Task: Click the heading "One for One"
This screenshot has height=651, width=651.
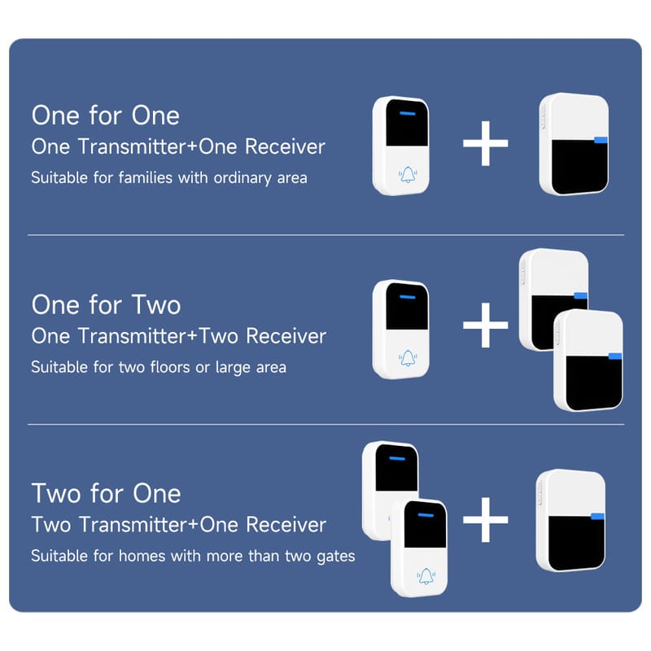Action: (106, 115)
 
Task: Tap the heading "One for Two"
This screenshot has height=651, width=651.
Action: (106, 304)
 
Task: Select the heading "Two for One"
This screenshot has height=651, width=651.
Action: (106, 493)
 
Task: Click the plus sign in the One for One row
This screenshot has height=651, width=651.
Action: (485, 143)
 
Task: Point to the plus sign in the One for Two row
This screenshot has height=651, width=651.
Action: (485, 325)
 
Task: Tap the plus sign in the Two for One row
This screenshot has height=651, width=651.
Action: (485, 519)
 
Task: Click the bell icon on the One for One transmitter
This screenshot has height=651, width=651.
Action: (408, 175)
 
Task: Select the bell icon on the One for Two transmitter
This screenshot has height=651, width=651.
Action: (408, 358)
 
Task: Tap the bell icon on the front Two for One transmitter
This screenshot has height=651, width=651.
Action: (426, 576)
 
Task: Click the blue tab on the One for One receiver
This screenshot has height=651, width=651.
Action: (601, 140)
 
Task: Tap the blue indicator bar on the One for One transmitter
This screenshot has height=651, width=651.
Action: (408, 113)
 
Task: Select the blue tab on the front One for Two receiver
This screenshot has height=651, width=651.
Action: (615, 356)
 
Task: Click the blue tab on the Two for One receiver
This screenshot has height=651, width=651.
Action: (597, 517)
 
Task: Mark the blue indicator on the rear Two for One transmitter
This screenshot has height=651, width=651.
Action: (397, 458)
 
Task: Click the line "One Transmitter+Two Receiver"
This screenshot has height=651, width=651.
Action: (178, 336)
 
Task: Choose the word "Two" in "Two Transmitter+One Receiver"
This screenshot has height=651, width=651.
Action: (52, 524)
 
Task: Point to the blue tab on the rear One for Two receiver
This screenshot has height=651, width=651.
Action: (580, 295)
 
